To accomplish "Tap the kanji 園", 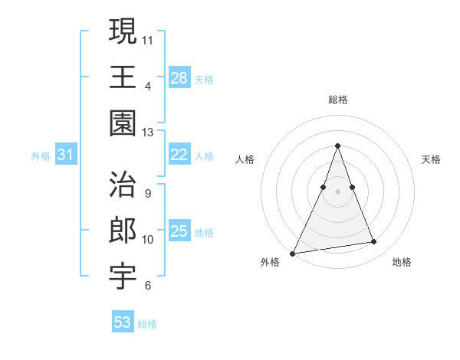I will click(123, 123).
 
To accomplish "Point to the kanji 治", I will click(123, 185).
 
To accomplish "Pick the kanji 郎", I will click(123, 231).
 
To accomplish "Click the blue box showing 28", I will click(179, 77).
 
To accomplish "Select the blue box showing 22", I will click(179, 154).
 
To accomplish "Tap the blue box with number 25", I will click(179, 231).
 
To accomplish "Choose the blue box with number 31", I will click(65, 155).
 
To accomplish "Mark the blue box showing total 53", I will click(122, 322).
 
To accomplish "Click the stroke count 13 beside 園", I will click(148, 133).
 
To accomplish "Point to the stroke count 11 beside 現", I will click(148, 39).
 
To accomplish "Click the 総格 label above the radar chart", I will click(337, 100).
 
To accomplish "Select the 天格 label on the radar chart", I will click(431, 159).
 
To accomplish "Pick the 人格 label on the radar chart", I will click(245, 159).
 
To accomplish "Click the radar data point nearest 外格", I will click(293, 253).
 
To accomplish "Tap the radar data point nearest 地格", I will click(374, 242).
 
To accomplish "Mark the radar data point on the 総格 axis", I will click(337, 146).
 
